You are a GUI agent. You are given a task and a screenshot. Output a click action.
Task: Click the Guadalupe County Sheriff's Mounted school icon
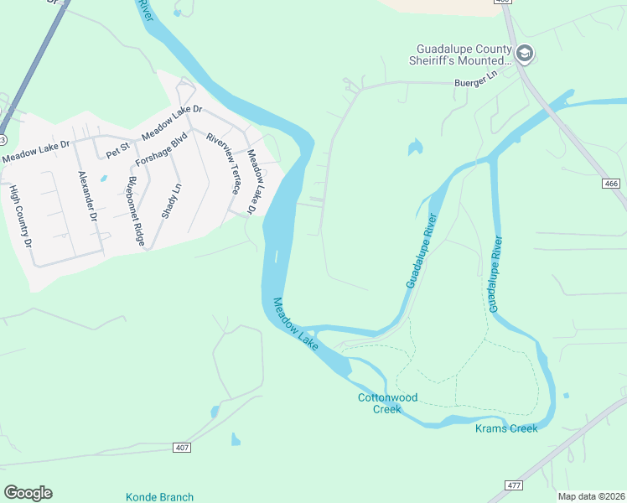(526, 54)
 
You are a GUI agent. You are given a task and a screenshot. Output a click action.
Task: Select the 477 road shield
(516, 485)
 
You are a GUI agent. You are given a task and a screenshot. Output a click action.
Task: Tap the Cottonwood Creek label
(387, 403)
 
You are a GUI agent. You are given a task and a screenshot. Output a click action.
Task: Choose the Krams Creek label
(505, 428)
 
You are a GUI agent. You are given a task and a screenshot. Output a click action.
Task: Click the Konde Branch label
(159, 497)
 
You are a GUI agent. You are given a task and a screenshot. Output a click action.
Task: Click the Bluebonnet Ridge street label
(137, 212)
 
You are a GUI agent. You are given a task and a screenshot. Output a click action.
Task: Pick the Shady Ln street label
(175, 200)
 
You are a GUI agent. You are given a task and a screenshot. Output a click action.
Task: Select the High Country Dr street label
(19, 216)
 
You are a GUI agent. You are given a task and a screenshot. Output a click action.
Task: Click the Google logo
(28, 492)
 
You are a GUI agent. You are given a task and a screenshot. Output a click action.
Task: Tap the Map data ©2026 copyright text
(590, 496)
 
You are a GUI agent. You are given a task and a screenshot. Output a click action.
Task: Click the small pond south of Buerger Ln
(414, 148)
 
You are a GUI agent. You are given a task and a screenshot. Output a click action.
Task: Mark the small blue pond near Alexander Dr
(103, 179)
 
